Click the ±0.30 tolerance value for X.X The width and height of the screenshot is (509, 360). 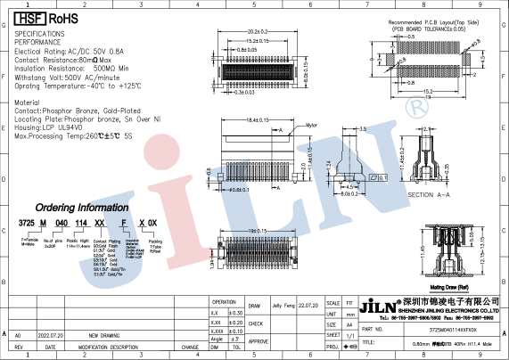point(236,313)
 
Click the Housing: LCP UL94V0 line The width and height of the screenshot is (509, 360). point(53,127)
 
